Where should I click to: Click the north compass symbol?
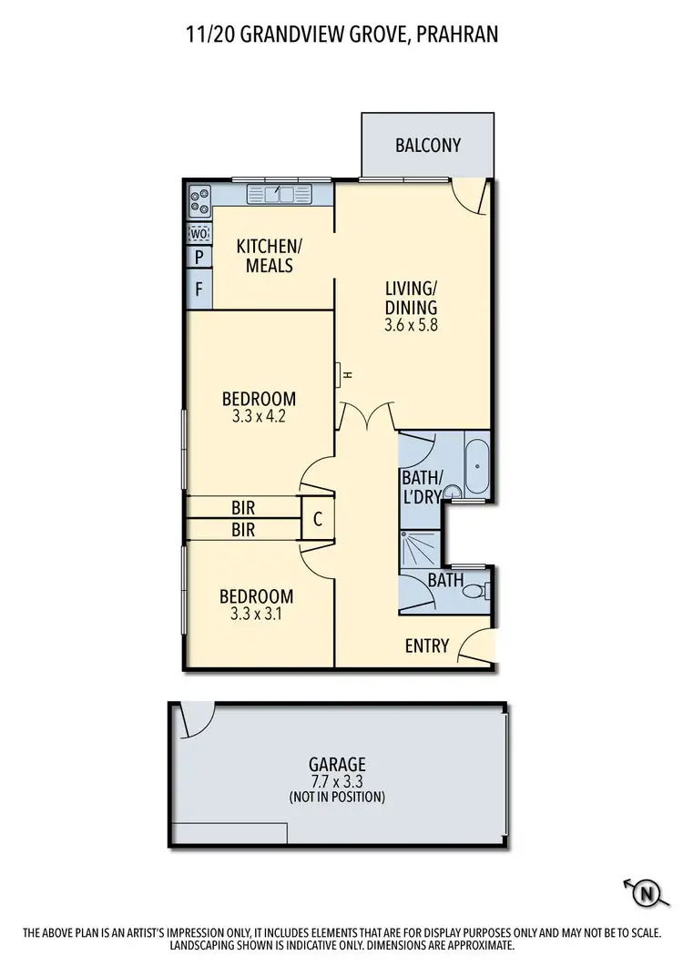tap(645, 893)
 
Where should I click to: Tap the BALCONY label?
tap(428, 145)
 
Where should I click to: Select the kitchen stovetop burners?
tap(199, 199)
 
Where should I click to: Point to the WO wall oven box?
tap(199, 234)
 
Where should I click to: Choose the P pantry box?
tap(199, 258)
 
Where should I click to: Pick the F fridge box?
tap(199, 290)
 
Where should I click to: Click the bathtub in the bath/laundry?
tap(476, 464)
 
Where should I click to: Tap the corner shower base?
tap(419, 546)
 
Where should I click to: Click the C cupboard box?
tap(317, 519)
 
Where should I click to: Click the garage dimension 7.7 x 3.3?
tap(336, 781)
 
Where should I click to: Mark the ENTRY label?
tap(427, 646)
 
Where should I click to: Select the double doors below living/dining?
tap(366, 417)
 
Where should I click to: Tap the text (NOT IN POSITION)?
tap(336, 797)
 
